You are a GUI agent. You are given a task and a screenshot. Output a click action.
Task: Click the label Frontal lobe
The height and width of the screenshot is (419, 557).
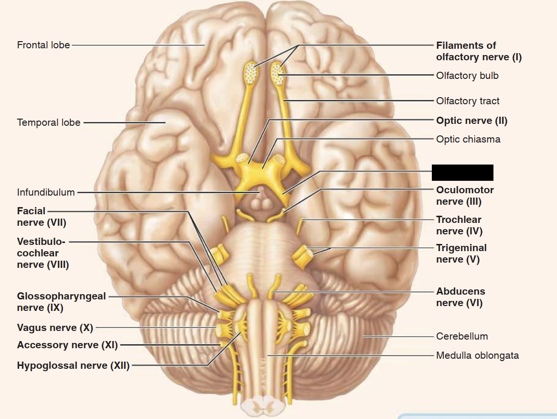[x=43, y=45]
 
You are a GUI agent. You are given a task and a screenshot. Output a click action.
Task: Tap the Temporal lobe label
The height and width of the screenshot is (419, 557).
[x=49, y=122]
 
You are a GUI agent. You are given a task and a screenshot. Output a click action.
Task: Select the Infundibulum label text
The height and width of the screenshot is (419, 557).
[x=46, y=192]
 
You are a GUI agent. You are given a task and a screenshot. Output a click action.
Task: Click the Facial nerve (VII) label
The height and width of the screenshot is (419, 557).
[x=42, y=217]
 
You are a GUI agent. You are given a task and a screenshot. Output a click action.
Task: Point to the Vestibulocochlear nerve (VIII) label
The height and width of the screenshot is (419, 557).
[x=43, y=253]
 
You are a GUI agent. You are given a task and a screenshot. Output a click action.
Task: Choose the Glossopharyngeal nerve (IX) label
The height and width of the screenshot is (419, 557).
[x=61, y=302]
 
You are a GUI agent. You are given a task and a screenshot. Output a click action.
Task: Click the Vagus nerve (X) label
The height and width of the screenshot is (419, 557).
[x=55, y=328]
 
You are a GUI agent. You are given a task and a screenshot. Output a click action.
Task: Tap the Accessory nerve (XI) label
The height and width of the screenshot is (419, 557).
[x=67, y=345]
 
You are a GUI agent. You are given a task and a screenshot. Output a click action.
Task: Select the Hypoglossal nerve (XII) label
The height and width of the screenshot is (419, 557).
[x=73, y=366]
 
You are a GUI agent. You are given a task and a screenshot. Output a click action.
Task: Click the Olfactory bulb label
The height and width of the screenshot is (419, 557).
[x=467, y=76]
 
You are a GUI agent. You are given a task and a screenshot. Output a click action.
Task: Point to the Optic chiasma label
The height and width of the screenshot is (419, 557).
[x=468, y=139]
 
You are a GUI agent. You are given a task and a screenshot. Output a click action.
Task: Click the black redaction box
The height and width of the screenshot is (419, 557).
[x=462, y=172]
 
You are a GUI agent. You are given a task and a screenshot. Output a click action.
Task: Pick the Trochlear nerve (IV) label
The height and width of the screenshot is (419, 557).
[x=459, y=225]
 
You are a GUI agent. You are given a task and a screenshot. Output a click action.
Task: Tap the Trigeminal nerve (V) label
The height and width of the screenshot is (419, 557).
[x=461, y=254]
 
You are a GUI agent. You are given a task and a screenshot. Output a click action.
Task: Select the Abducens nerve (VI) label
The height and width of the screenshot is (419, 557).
[x=461, y=297]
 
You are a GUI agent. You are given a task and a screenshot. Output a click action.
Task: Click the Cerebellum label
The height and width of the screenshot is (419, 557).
[x=462, y=336]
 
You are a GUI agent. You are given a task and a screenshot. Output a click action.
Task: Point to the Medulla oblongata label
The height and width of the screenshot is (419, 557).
[x=477, y=355]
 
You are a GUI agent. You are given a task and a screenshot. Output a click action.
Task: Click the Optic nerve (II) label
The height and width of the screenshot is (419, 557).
[x=471, y=121]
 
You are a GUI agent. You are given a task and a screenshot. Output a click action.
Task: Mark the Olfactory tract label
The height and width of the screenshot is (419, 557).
[x=468, y=101]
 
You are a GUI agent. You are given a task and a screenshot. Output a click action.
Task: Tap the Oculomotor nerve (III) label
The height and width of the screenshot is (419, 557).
[x=465, y=196]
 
